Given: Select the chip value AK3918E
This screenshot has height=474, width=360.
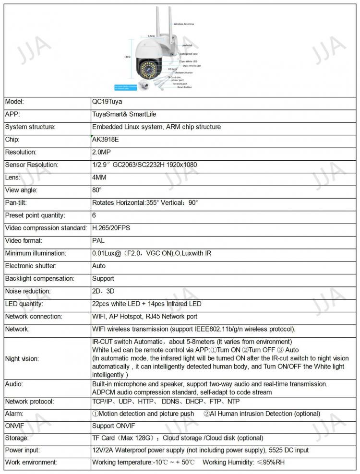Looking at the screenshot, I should (104, 140).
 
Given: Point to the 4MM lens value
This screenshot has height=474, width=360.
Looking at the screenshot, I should (99, 178).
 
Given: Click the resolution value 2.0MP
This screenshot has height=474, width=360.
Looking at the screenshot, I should (101, 152).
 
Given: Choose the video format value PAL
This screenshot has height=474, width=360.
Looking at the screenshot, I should (98, 240).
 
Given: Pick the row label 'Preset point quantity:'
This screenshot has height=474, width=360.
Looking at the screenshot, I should (35, 215).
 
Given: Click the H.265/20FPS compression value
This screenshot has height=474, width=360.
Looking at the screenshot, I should (111, 228).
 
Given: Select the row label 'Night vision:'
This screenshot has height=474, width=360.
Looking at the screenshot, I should (22, 358).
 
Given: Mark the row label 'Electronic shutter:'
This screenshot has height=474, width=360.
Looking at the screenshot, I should (31, 266).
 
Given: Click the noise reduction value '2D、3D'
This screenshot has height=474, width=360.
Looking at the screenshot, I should (103, 291).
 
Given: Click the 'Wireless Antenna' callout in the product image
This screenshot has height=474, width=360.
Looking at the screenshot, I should (183, 24).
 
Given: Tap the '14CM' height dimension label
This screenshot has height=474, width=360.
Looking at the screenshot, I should (127, 57).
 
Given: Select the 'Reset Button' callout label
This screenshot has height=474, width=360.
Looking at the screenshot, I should (184, 87).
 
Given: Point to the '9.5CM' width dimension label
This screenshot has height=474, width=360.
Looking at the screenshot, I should (151, 36).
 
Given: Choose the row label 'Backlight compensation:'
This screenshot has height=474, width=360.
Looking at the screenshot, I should (39, 278).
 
